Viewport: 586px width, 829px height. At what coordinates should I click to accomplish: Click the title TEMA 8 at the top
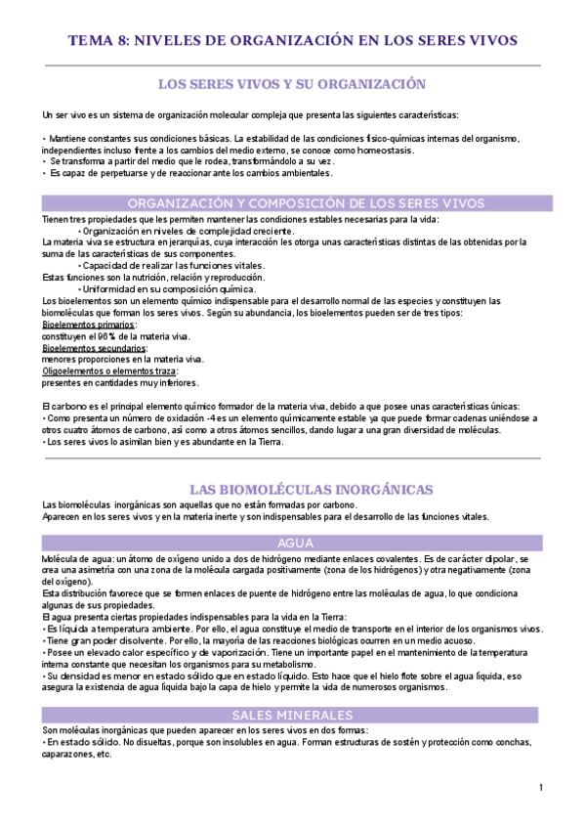click(292, 40)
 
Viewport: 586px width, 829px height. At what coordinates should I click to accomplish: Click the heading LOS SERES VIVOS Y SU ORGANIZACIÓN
click(292, 84)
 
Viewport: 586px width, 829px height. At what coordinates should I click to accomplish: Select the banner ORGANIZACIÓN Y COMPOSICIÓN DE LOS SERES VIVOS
click(292, 203)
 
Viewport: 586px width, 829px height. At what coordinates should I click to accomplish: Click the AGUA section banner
click(292, 543)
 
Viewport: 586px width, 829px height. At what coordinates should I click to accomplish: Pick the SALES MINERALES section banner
click(292, 715)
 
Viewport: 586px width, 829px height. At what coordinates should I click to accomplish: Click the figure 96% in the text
click(105, 335)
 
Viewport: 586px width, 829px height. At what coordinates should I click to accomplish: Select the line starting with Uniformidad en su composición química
click(166, 288)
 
